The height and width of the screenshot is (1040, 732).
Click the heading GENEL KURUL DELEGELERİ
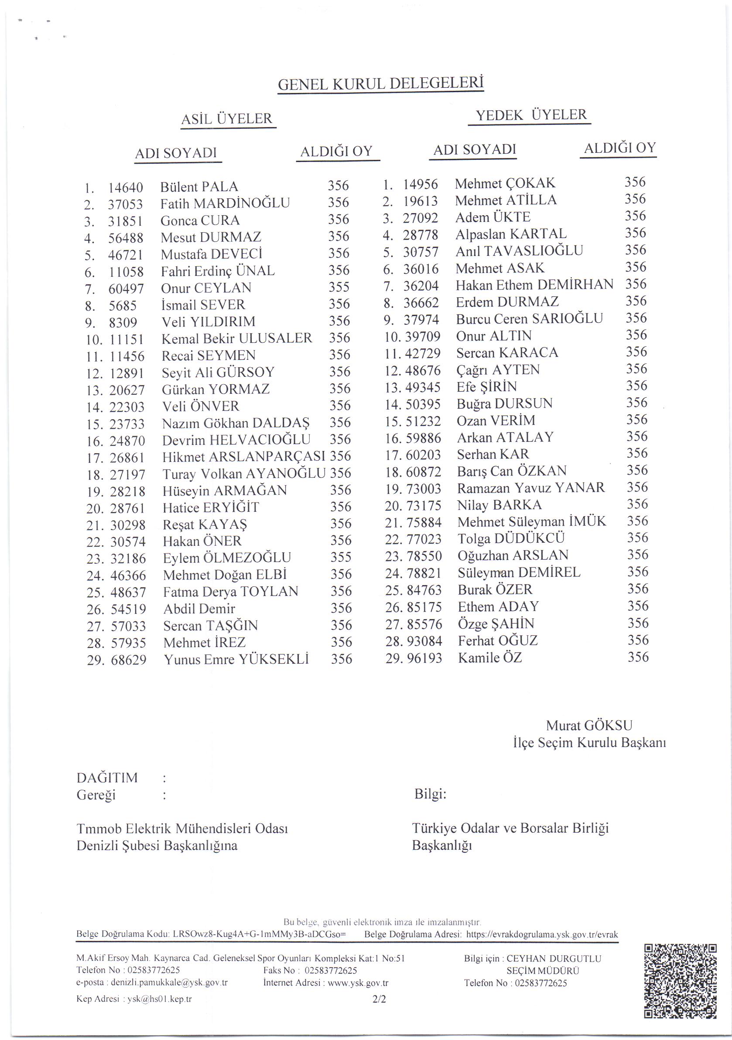pos(380,84)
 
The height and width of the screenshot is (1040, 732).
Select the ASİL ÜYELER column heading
pos(227,119)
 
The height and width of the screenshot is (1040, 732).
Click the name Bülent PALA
pos(199,186)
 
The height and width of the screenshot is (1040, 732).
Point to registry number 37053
pos(125,204)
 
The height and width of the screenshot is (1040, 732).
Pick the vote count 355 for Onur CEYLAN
pos(339,287)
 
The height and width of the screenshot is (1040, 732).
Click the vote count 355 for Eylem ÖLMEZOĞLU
pos(341,557)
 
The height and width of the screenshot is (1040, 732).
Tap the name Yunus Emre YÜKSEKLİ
pos(236,660)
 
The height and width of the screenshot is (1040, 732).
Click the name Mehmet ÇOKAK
pos(505,183)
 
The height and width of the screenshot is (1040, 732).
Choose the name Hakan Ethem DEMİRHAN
pos(534,285)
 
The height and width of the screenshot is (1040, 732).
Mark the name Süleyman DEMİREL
pos(519,572)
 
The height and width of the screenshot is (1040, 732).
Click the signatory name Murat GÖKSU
pos(589,725)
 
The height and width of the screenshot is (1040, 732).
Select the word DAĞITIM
pos(107,778)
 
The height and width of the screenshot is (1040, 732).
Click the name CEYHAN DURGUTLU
pos(553,958)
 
